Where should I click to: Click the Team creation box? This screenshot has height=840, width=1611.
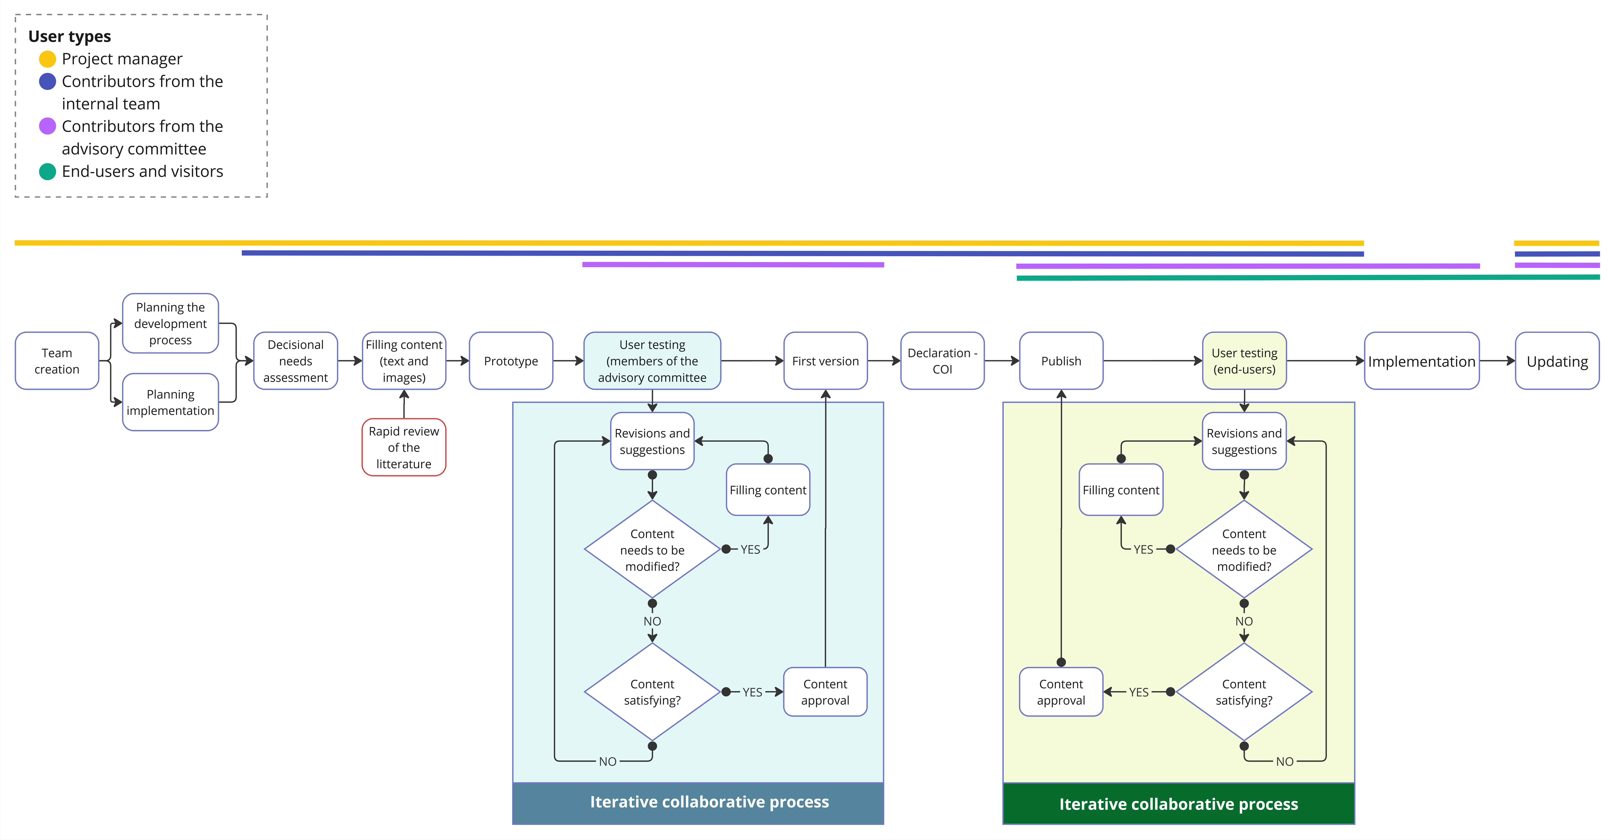pyautogui.click(x=57, y=361)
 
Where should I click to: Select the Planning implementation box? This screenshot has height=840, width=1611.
pyautogui.click(x=170, y=402)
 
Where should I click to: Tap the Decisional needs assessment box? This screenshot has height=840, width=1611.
pyautogui.click(x=295, y=361)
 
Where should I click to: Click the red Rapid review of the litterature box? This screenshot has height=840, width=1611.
pyautogui.click(x=404, y=447)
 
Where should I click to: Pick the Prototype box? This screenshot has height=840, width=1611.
pyautogui.click(x=511, y=361)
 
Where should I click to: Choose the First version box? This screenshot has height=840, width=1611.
pyautogui.click(x=826, y=361)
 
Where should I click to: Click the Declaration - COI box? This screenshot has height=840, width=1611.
pyautogui.click(x=943, y=361)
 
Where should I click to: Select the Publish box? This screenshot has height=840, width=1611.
pyautogui.click(x=1061, y=361)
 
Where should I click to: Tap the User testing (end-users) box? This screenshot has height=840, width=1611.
pyautogui.click(x=1245, y=361)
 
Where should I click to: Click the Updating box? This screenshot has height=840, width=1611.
pyautogui.click(x=1557, y=361)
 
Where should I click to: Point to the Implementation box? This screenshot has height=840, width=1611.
pyautogui.click(x=1422, y=361)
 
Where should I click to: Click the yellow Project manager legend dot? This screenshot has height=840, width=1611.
pyautogui.click(x=48, y=59)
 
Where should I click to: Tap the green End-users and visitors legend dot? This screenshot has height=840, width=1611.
pyautogui.click(x=48, y=171)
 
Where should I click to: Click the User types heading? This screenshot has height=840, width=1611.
pyautogui.click(x=69, y=36)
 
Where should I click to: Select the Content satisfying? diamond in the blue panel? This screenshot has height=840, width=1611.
pyautogui.click(x=652, y=692)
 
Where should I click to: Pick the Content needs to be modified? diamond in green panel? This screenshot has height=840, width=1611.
pyautogui.click(x=1244, y=549)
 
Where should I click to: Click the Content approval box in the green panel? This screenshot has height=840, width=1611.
pyautogui.click(x=1061, y=692)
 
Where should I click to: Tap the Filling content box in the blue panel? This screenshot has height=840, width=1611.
pyautogui.click(x=768, y=490)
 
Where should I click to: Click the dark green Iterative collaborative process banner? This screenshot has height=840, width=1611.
pyautogui.click(x=1179, y=804)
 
